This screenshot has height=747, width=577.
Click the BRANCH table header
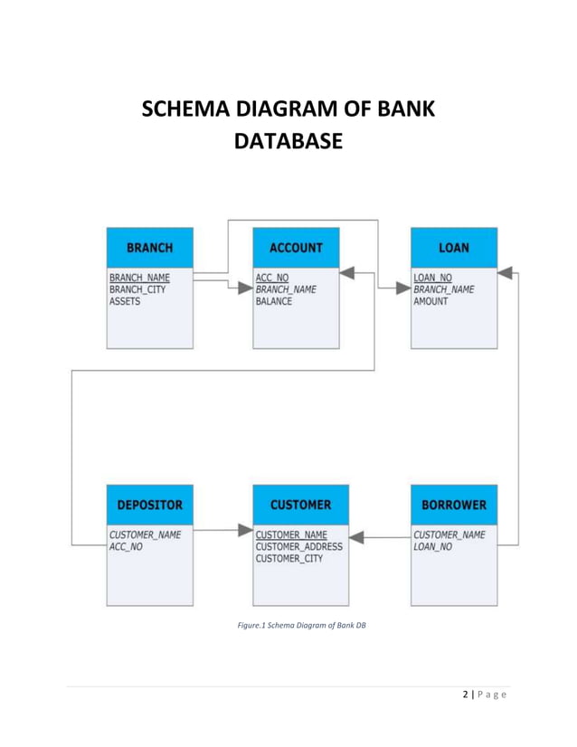pos(149,247)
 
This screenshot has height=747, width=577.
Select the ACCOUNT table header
pos(296,247)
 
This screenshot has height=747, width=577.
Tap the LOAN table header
pos(454,247)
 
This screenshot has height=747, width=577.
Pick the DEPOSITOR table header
pos(149,505)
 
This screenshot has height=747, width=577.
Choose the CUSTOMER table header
pos(300,505)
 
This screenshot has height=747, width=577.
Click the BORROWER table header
pos(454,505)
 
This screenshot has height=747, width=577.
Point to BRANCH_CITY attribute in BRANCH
pos(137,289)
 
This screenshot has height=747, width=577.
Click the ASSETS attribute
pos(125,302)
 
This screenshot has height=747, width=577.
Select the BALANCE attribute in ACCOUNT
pos(274,302)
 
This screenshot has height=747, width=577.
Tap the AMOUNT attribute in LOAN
pos(430,302)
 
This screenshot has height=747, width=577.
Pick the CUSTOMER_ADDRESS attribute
pos(299,546)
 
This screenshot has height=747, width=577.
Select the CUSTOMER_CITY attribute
pos(288,559)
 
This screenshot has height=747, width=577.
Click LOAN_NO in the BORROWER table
pos(432,547)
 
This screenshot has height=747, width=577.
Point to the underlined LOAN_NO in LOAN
pos(432,278)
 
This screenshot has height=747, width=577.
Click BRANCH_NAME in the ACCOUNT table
pos(286,289)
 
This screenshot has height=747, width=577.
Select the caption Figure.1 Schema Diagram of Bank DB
pos(300,624)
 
